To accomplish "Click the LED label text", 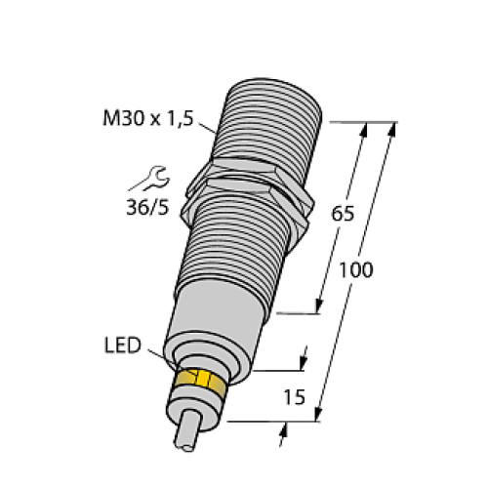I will (x=122, y=346).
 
